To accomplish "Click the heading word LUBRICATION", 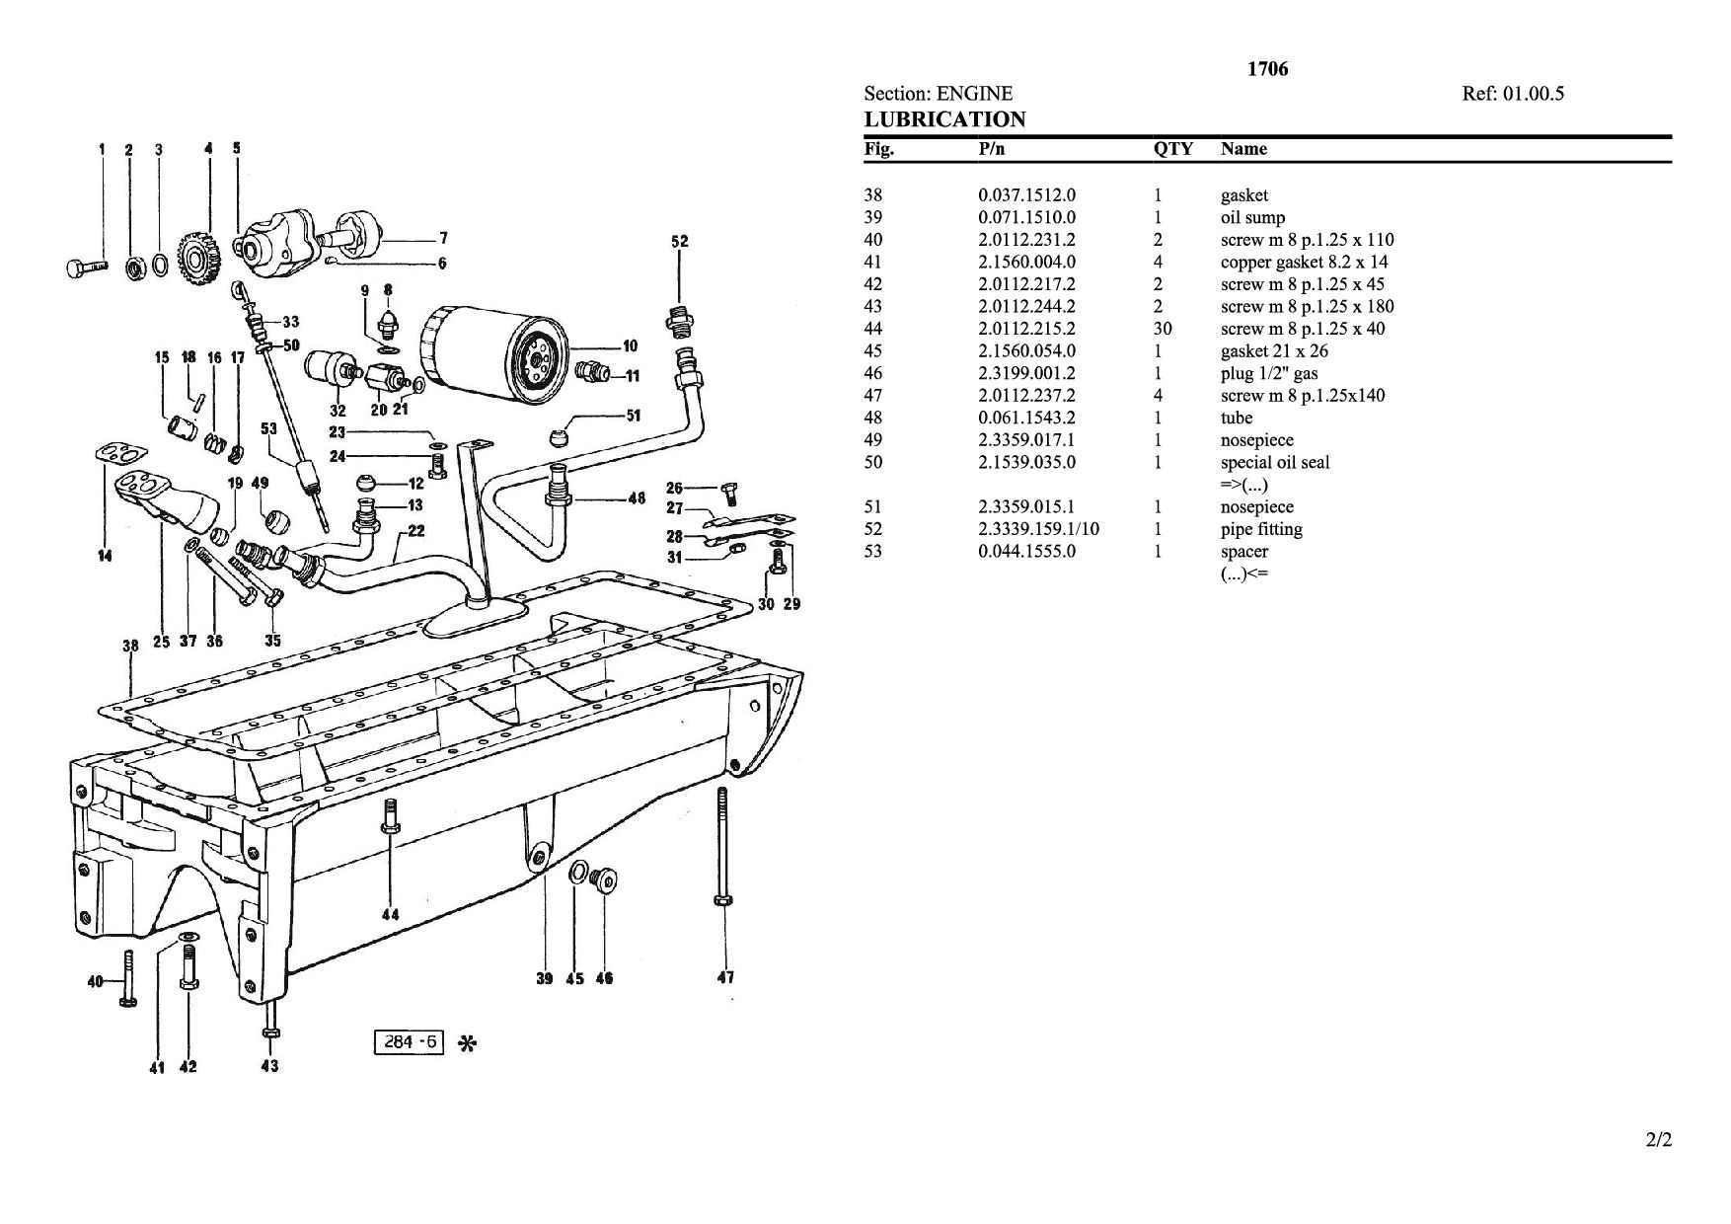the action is tap(944, 119).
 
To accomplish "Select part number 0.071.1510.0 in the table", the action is tap(1026, 217).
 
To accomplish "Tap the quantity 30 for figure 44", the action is tap(1163, 329).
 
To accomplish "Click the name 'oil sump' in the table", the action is tap(1252, 217).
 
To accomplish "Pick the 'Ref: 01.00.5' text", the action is tap(1513, 94).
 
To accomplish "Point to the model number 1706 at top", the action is tap(1267, 69).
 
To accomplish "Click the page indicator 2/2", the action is tap(1659, 1140).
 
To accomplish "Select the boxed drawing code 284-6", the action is tap(410, 1041).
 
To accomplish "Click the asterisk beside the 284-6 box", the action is tap(469, 1043).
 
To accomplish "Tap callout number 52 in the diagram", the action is tap(680, 241).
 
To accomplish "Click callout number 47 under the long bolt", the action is tap(724, 977).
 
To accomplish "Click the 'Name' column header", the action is tap(1243, 149).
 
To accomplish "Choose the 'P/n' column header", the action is tap(992, 149).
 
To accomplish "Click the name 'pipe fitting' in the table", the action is tap(1261, 529).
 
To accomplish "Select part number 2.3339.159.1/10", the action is tap(1038, 529).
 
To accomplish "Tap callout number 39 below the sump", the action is tap(544, 979).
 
